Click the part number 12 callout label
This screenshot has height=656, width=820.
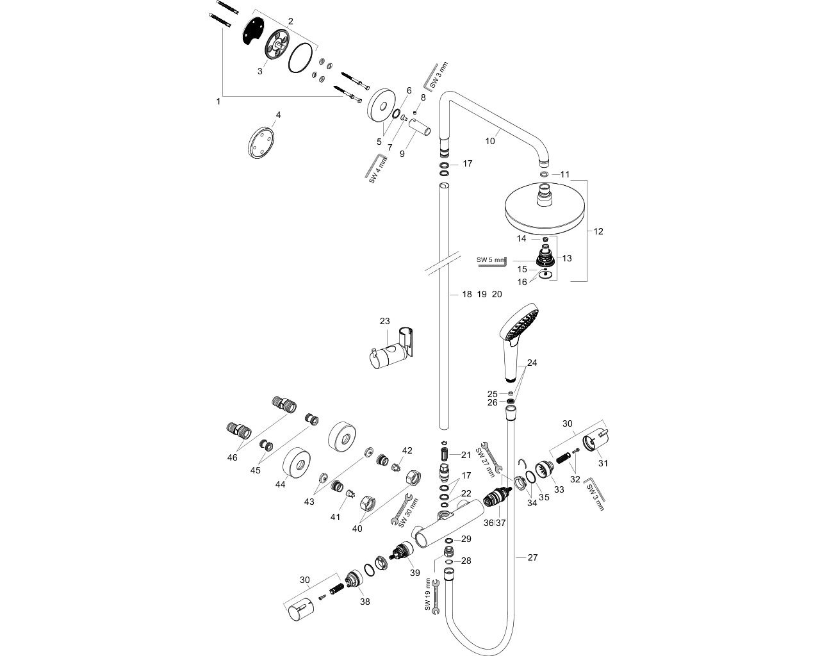598,232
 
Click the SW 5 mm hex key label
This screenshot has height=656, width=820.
490,260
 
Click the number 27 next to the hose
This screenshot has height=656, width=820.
532,557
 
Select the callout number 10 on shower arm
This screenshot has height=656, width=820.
490,141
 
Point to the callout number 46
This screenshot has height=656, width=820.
232,457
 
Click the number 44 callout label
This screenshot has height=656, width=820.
280,485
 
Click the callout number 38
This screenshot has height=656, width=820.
365,602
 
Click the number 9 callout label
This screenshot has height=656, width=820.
402,154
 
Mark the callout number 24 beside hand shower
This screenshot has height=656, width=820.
532,363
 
